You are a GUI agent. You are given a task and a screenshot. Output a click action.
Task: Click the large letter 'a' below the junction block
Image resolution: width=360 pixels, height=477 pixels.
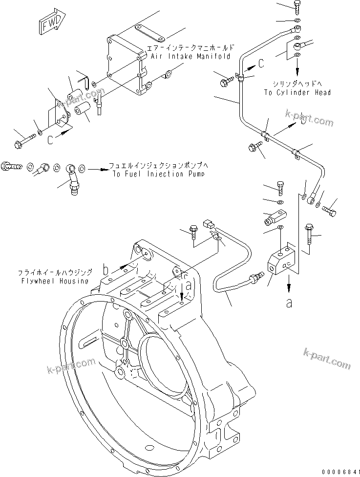point(289,304)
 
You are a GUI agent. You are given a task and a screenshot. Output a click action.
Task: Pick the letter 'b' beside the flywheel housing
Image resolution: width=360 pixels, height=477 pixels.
point(105,268)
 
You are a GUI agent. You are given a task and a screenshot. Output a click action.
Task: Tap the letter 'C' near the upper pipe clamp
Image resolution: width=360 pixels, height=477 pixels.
point(261,63)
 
